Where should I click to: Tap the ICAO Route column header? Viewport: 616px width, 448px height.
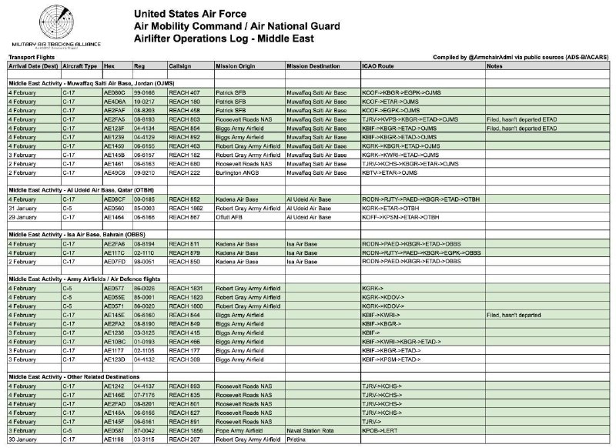pos(378,66)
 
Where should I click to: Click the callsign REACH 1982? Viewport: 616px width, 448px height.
pos(187,208)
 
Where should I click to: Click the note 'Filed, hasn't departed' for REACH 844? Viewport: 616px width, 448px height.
pos(514,314)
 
